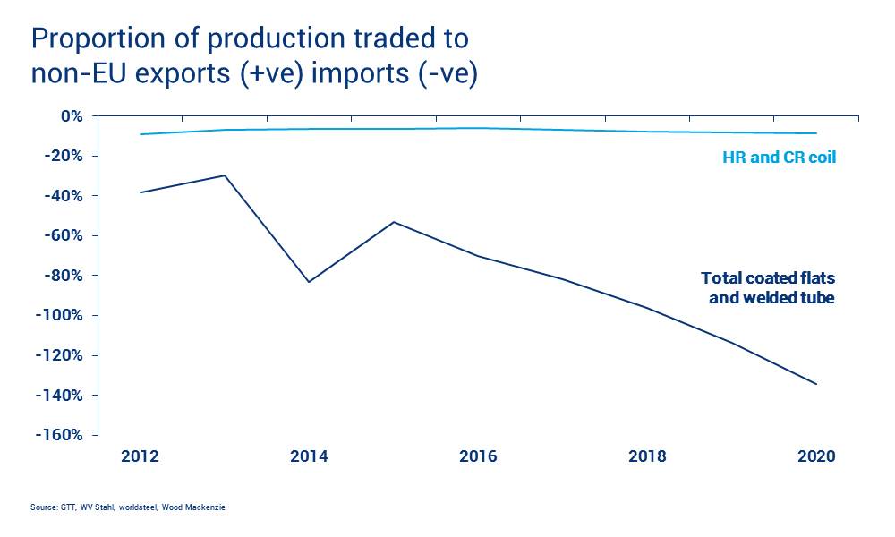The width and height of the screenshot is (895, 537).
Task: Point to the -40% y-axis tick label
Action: tap(62, 196)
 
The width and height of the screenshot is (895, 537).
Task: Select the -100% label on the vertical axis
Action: tap(58, 316)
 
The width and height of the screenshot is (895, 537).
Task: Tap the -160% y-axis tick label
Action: tap(58, 436)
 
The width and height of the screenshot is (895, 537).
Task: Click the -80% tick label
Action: tap(62, 276)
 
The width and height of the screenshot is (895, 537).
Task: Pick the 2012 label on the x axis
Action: tap(140, 456)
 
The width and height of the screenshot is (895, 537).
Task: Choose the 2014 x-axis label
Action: tap(309, 456)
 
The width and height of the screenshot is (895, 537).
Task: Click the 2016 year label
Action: tap(479, 456)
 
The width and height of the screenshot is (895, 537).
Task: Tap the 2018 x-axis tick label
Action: tap(648, 456)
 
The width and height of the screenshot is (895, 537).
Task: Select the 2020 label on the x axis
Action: tap(816, 456)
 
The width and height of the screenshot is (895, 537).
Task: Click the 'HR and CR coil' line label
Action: tap(779, 158)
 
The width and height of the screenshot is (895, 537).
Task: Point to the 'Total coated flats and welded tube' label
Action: tap(768, 287)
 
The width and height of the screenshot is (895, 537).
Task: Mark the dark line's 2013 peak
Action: tap(225, 175)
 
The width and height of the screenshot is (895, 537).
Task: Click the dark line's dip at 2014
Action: tap(309, 282)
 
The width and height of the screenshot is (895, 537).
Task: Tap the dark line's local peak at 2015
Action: tap(394, 222)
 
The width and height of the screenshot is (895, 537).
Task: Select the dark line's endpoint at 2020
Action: tap(816, 384)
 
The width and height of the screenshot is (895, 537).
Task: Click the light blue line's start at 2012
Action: tap(141, 134)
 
